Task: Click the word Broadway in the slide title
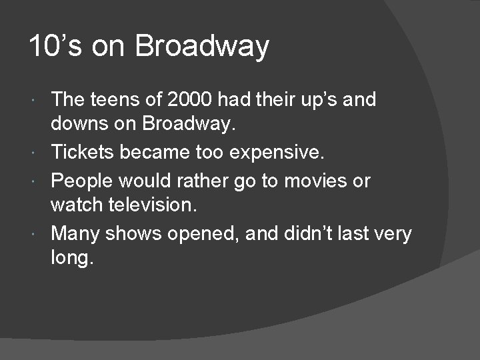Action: point(202,47)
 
